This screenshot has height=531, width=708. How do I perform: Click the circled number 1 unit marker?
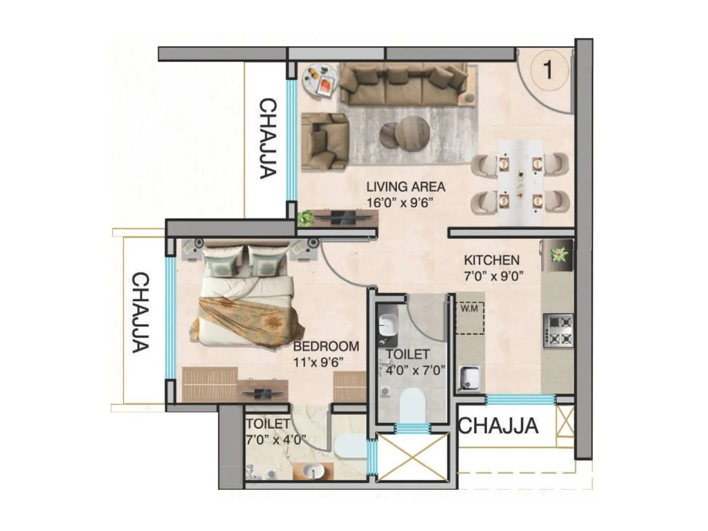548,70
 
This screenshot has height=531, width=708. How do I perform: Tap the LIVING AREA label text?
405,187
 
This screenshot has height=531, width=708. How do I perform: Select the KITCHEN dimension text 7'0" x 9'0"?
493,276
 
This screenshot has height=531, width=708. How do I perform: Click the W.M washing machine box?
470,317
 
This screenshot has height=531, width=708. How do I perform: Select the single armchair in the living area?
324,141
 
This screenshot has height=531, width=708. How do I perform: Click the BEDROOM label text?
326,346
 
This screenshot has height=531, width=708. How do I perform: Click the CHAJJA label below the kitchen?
498,426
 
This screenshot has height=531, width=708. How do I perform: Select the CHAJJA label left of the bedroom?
141,312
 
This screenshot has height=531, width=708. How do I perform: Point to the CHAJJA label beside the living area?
268,139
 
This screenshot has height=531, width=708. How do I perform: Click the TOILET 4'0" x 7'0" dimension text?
415,370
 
